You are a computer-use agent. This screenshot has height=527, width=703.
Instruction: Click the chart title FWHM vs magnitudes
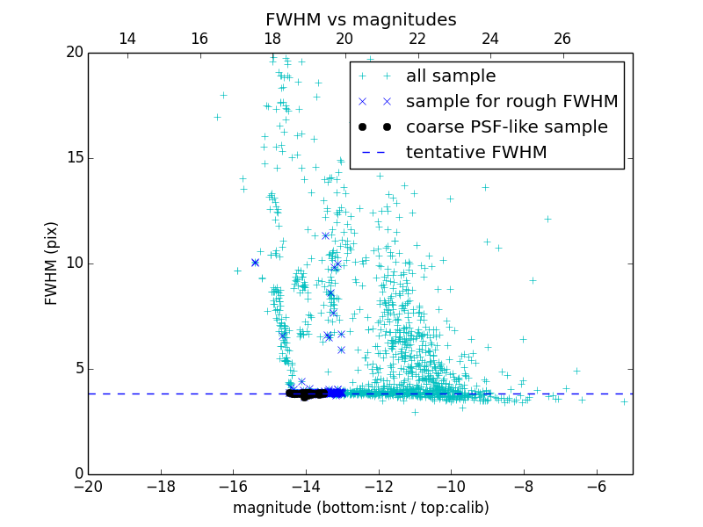pos(360,19)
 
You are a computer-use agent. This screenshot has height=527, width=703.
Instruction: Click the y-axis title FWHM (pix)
pos(52,263)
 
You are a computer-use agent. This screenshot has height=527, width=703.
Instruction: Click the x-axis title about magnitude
pos(360,508)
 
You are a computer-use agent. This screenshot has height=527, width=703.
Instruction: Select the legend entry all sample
pos(450,76)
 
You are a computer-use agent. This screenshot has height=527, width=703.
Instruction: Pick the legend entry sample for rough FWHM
pos(511,102)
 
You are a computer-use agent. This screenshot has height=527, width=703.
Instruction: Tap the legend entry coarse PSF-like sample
pos(506,127)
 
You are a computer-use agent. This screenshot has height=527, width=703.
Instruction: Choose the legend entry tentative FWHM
pos(475,153)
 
